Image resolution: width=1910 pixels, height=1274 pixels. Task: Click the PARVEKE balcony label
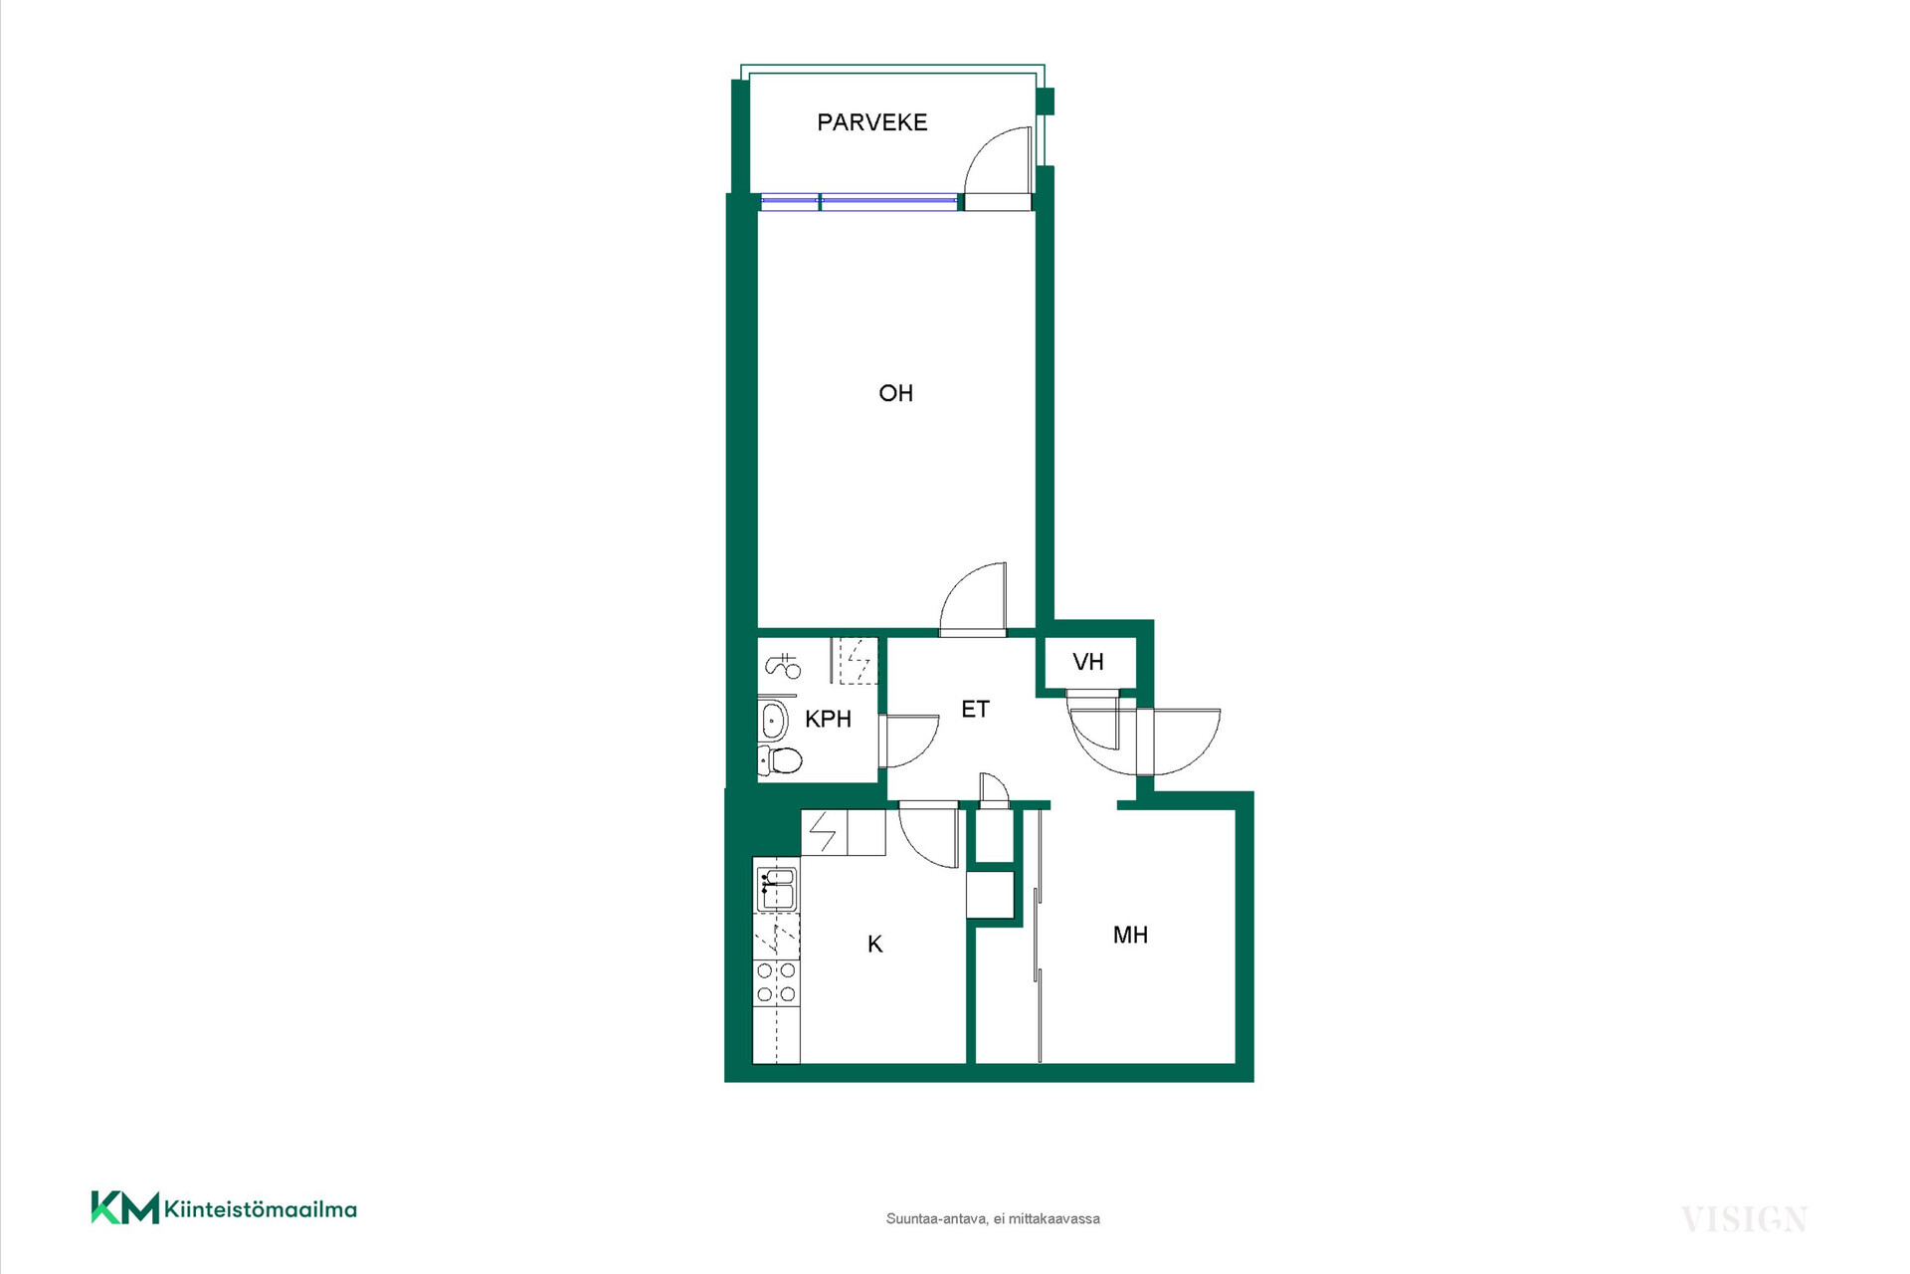[871, 122]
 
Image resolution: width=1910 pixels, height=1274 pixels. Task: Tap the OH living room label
[895, 393]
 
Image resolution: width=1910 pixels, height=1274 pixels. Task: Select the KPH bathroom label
[828, 719]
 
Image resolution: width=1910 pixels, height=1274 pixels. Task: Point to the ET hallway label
[975, 709]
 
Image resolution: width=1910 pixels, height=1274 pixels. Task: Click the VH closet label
[1088, 662]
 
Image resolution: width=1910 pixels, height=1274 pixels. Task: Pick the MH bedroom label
[1130, 935]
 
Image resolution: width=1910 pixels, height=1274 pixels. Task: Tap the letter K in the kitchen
[875, 944]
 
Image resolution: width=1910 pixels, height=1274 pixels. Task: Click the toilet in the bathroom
[781, 761]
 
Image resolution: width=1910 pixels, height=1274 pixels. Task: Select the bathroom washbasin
[773, 719]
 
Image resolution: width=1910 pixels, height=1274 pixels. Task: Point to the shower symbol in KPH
[783, 664]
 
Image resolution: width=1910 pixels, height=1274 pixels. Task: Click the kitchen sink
[776, 888]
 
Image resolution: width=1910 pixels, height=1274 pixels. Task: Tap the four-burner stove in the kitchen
[776, 981]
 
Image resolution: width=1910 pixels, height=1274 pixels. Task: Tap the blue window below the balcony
[860, 202]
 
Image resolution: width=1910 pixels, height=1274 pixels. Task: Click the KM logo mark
[125, 1207]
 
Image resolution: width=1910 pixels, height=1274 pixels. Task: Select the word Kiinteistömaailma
[261, 1210]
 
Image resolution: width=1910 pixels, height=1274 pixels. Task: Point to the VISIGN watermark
[1744, 1219]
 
